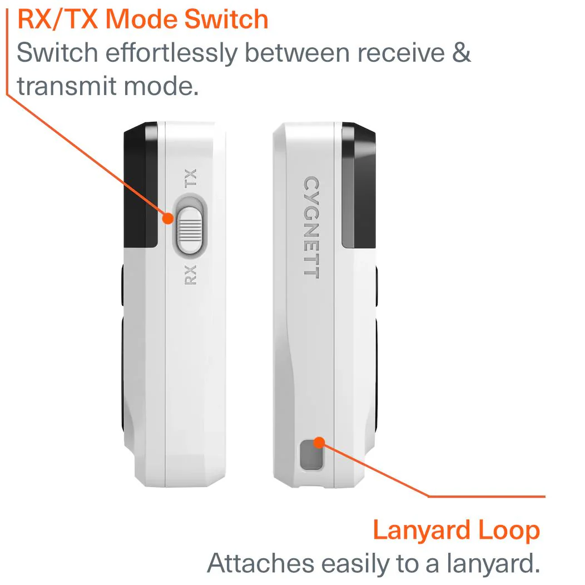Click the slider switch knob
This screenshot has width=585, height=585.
(190, 231)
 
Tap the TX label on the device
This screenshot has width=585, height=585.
(190, 178)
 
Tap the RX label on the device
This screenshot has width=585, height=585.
(190, 275)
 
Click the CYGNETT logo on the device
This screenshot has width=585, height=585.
(311, 227)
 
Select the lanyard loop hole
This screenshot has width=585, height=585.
(311, 454)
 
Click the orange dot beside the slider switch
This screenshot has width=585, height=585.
(168, 218)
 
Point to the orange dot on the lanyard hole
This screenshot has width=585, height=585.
(319, 443)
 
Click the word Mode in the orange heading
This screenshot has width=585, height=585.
(141, 19)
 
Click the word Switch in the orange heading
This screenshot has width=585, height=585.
(226, 19)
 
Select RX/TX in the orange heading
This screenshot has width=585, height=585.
(58, 19)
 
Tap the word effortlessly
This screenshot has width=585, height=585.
(171, 53)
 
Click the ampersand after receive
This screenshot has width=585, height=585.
(462, 52)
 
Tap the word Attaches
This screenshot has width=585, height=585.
(261, 563)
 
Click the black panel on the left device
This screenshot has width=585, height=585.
(141, 185)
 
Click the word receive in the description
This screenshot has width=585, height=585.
(401, 53)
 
